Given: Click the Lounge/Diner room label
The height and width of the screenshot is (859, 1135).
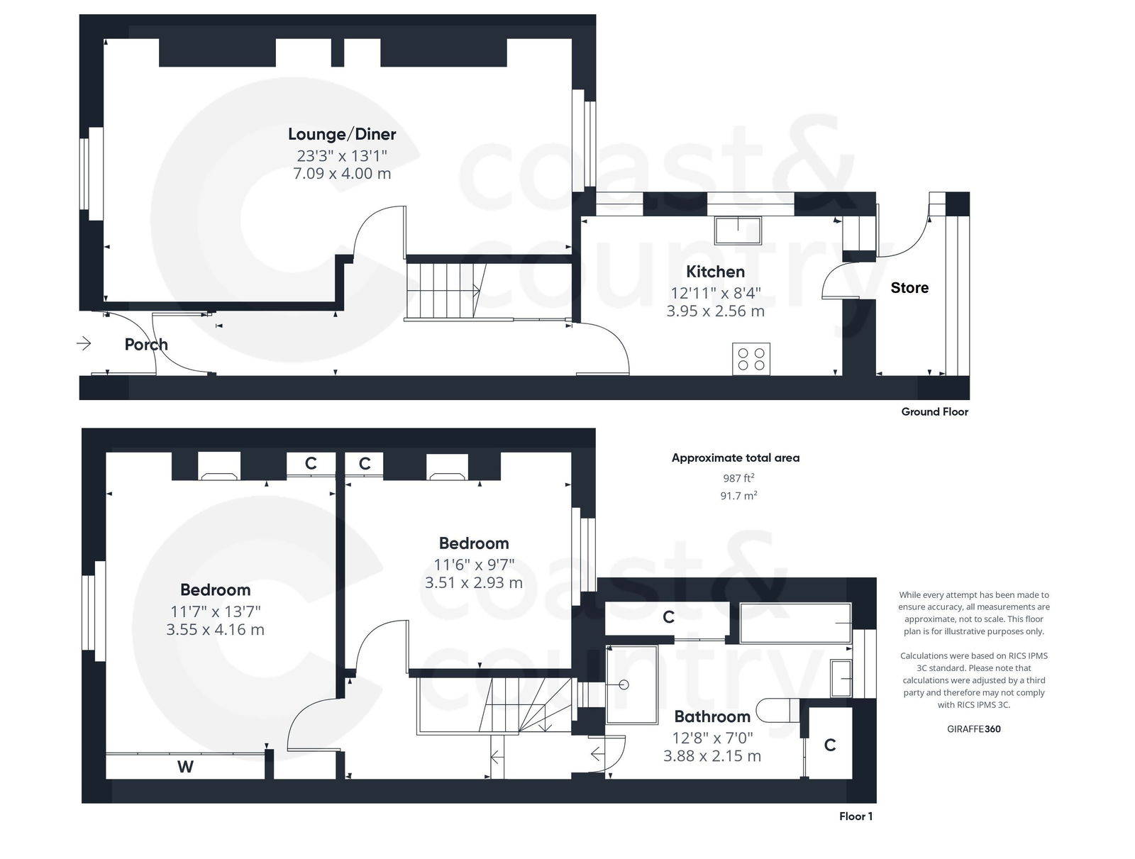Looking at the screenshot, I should pos(342,134).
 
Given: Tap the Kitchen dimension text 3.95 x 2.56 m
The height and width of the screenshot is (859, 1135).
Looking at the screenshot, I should pos(715,311).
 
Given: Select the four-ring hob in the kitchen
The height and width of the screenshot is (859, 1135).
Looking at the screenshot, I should pos(751,359).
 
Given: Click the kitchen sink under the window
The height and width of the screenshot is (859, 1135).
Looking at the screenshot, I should pos(738,230).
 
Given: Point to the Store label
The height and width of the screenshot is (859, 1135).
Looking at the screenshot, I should pos(909,288).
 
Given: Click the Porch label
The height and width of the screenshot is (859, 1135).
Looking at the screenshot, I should pos(146,345).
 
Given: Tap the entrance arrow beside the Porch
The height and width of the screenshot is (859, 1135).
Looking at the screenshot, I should pos(84,344).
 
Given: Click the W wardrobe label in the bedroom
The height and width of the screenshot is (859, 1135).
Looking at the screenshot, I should pos(185,767).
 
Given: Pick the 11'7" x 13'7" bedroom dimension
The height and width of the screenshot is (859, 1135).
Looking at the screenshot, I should pos(215,611).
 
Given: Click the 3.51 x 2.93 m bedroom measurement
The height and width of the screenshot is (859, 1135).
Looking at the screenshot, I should pos(473,583).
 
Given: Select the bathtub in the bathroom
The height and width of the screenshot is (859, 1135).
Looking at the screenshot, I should pos(794,623).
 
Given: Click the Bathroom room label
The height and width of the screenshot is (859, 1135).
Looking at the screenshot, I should pos(712,716).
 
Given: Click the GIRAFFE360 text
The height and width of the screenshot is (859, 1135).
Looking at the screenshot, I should pos(973,728).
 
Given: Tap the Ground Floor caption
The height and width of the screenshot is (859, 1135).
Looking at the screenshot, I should pos(934,411).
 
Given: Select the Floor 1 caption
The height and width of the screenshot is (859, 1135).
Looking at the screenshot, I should pos(856,816).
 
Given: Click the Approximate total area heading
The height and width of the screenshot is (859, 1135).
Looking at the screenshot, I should pos(735,458).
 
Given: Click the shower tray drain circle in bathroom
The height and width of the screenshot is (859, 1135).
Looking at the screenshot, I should pos(624,685).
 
